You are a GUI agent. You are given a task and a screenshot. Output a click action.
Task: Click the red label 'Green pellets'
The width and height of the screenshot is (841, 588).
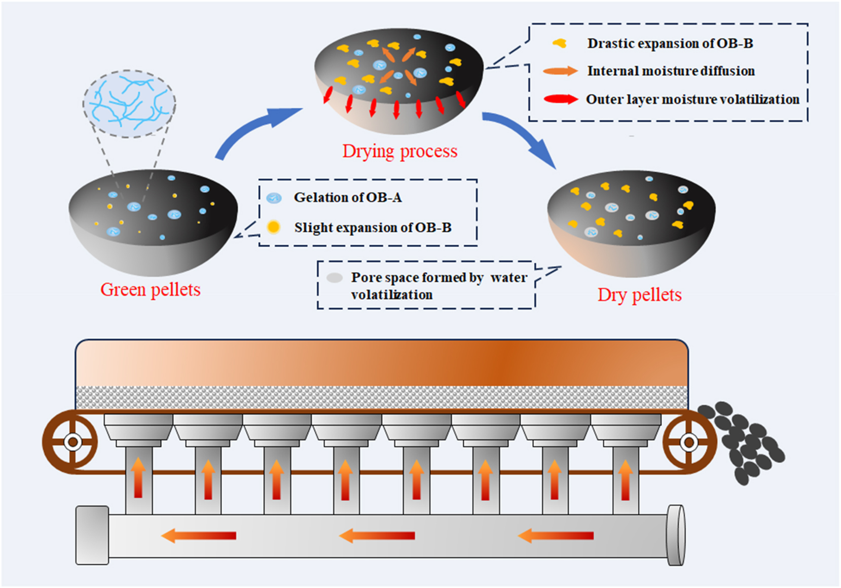coord(150,290)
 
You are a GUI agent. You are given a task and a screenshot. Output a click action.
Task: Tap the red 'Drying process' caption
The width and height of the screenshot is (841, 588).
coord(399,151)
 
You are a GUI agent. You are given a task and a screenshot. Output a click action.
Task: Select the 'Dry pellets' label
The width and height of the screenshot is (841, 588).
coord(639,295)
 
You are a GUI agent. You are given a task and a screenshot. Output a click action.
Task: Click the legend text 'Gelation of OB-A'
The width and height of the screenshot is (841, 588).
coord(348,197)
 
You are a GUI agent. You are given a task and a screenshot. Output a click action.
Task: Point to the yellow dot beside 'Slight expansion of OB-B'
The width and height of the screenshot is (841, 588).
coord(274,227)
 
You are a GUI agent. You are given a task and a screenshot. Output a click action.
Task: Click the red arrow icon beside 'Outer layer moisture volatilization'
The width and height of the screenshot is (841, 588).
coord(560,99)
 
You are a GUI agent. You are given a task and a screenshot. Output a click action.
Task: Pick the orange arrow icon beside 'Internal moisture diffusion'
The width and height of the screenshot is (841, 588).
coord(560,71)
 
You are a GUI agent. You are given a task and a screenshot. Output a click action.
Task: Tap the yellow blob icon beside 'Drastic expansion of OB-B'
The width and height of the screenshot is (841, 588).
coord(560,44)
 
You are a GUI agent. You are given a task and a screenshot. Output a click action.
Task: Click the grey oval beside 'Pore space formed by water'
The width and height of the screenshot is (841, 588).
coord(334,278)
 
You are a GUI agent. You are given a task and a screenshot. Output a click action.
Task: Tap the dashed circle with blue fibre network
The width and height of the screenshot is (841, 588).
coord(129,104)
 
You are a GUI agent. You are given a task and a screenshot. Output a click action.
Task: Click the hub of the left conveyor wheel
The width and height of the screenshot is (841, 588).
coord(72,442)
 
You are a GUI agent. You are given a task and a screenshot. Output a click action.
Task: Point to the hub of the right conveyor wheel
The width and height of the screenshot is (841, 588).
coord(689,442)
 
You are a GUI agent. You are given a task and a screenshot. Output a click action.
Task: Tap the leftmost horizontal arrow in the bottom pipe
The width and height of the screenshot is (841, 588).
coord(199,535)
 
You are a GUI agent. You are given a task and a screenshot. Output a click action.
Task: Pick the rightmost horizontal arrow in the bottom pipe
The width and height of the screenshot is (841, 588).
coord(556,535)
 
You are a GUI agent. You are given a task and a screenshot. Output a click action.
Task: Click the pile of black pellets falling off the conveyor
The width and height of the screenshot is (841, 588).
coord(743,441)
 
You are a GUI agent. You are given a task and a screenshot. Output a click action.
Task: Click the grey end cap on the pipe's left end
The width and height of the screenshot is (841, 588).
coord(92,535)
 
